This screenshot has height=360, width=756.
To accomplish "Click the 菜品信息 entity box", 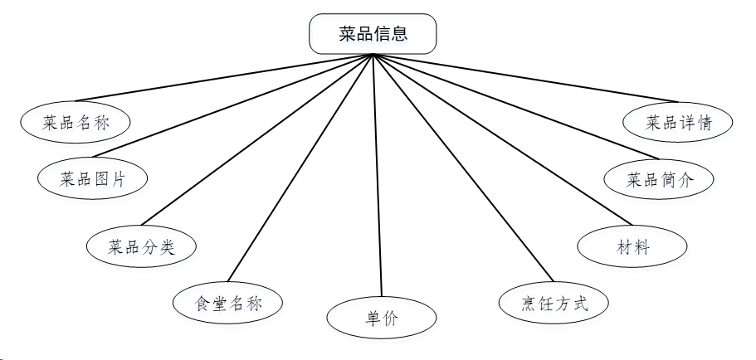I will click(373, 34).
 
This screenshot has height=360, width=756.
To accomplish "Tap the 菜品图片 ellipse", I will click(93, 178).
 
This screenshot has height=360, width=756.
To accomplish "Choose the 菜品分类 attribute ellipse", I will click(142, 246).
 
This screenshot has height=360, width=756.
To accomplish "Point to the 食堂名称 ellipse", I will click(228, 303).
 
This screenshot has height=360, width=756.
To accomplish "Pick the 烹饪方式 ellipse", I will click(554, 304).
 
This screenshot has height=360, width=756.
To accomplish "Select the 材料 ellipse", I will click(632, 247).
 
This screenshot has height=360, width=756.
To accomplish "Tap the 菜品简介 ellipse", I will click(659, 178).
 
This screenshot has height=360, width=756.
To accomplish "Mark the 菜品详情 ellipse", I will click(679, 122).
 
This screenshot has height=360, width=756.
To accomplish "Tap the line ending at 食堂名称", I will click(300, 168).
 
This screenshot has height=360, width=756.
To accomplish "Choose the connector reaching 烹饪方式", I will click(462, 168).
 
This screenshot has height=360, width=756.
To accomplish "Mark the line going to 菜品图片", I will click(234, 106).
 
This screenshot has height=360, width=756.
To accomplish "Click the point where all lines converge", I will click(373, 55).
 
